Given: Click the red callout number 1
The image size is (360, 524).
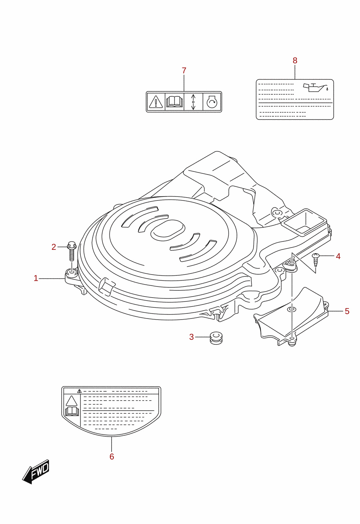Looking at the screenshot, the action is coord(36,279).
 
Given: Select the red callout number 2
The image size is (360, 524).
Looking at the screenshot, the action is coord(54,247).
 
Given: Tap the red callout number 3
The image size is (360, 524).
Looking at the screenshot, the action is coord(192,337).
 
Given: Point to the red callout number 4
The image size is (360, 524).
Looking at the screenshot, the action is coord(338,256).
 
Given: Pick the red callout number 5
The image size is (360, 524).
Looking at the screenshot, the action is coord(347,311).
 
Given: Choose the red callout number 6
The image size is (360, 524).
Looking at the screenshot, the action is coord(112,456).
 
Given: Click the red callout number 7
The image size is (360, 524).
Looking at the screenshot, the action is coord(184,70).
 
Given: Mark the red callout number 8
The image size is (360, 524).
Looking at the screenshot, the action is coord(295,60).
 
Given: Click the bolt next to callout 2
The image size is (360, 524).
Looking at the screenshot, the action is coord(72,251).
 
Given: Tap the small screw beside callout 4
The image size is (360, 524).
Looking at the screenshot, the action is coord(316,259).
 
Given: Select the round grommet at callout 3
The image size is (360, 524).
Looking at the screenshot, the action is coord(216,338).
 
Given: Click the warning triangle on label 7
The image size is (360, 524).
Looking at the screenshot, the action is coord(156,102).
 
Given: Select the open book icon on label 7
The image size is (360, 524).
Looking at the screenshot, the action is coord(174,102).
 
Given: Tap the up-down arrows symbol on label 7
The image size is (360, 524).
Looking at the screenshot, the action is coord(193,102).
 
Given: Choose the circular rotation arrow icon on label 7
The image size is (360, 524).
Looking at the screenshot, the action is coord(212,102).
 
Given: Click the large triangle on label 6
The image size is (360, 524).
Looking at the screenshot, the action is coord(71,401).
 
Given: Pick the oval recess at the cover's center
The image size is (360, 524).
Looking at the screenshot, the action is coord(168,230).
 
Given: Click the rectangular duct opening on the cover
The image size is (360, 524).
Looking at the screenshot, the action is coord(304,221).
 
